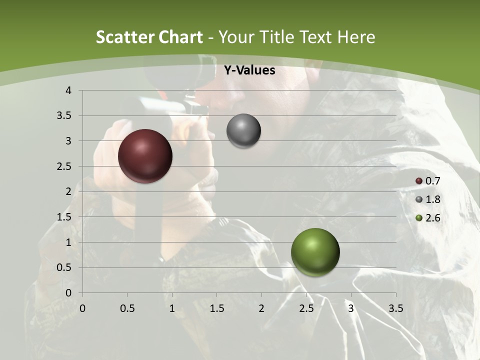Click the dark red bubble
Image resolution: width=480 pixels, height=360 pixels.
pos(145,156)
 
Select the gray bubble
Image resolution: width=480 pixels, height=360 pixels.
pos(243,131)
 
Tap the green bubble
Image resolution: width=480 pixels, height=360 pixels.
pos(315,252)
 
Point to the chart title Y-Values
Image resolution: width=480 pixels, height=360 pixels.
pos(249,70)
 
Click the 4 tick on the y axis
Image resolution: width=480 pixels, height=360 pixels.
pos(68,90)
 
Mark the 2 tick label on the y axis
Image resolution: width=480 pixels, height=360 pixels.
pos(68,191)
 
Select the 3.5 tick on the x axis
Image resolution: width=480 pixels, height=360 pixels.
pos(395,308)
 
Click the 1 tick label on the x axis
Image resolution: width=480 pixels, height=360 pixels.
pos(172,308)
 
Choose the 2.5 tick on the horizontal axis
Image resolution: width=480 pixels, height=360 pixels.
pos(306,308)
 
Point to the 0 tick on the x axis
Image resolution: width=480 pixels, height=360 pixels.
pos(82,308)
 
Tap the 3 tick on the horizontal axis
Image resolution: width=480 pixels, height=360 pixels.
pos(351,308)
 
